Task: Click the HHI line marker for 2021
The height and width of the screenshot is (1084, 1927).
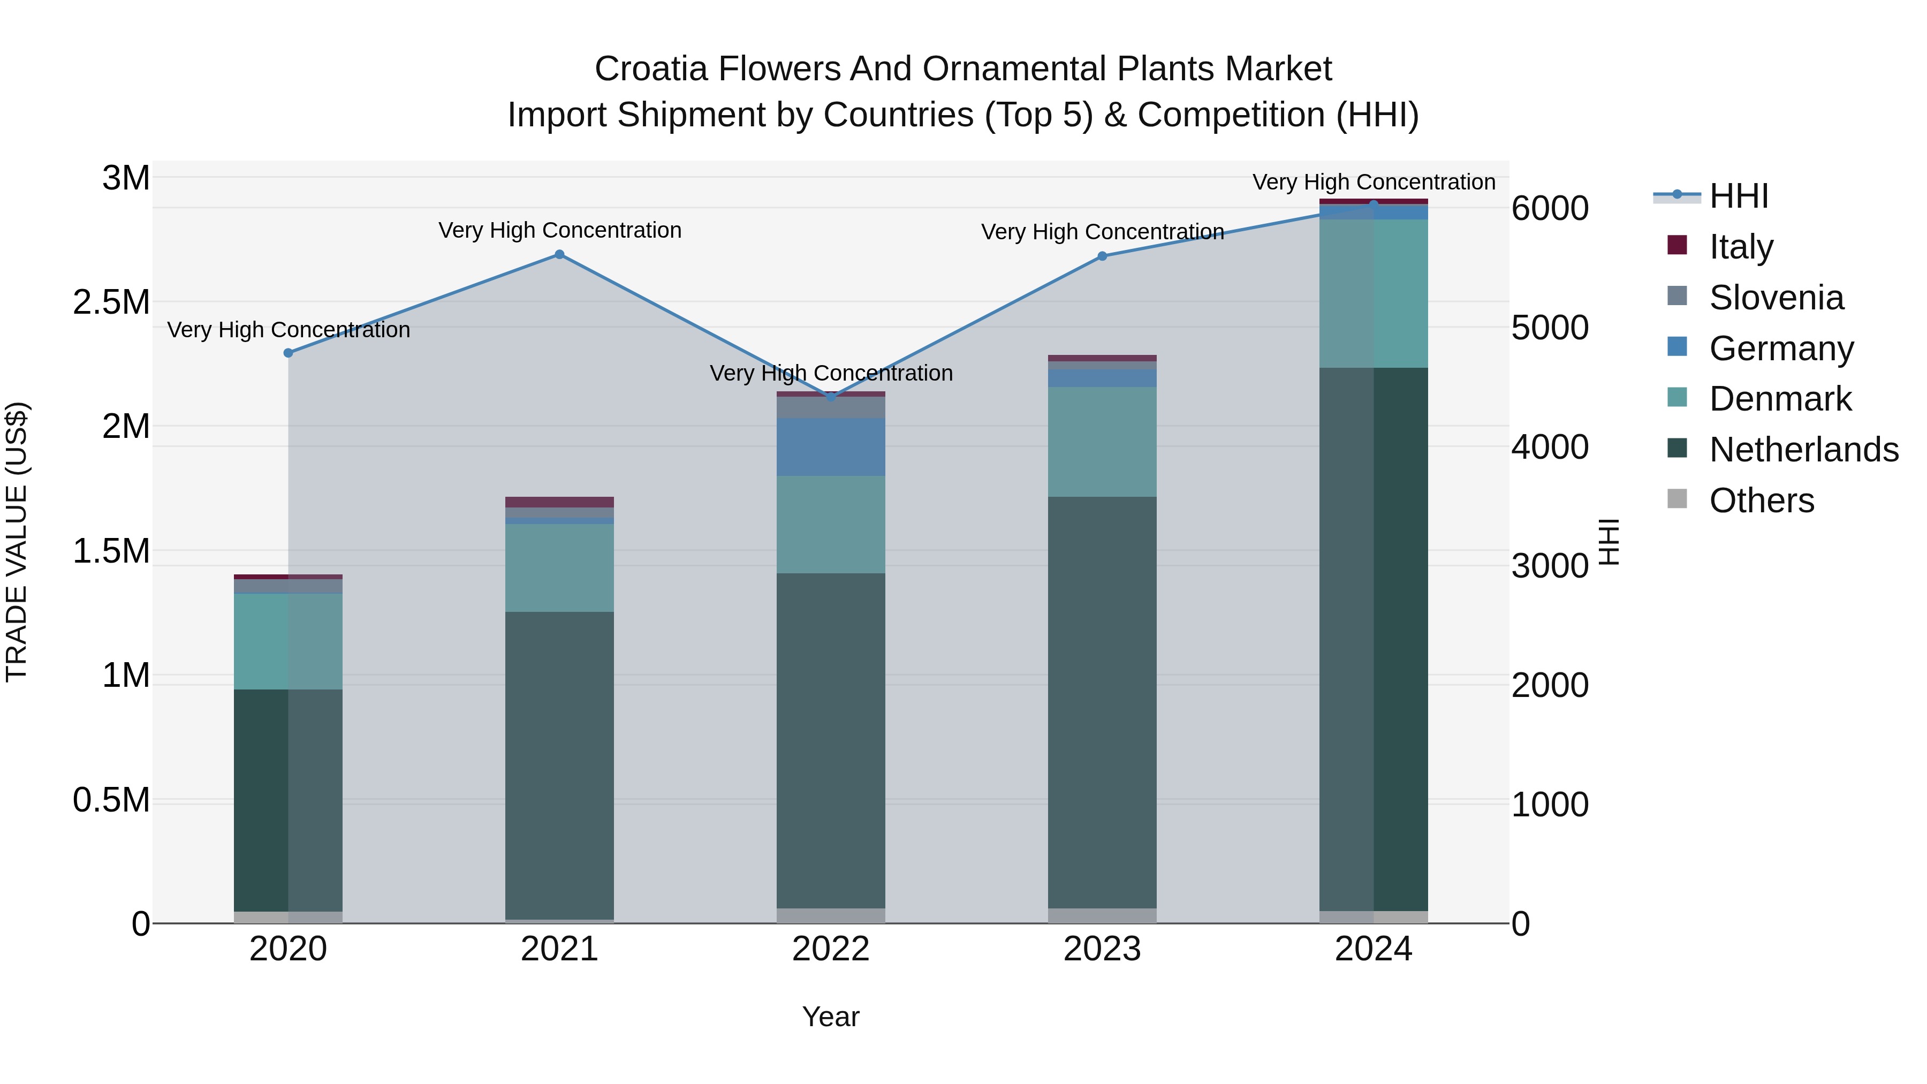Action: click(x=559, y=254)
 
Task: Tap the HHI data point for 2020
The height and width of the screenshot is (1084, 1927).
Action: click(x=288, y=352)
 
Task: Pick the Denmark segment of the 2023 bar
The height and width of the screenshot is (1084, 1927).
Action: click(x=1102, y=442)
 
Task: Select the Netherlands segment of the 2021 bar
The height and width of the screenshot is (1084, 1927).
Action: click(x=559, y=763)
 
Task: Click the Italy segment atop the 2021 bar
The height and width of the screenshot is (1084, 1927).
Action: click(x=559, y=502)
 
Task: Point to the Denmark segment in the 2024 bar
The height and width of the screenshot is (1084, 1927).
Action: click(x=1374, y=293)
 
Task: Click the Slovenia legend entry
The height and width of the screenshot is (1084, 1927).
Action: click(x=1776, y=298)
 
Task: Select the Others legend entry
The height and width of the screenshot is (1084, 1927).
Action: click(x=1761, y=501)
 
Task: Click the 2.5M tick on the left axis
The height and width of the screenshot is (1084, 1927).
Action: click(x=111, y=302)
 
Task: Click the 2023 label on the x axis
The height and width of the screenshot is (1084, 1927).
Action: click(x=1102, y=949)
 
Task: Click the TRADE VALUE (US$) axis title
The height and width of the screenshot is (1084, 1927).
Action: click(x=17, y=542)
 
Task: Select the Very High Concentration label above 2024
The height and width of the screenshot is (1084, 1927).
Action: click(x=1374, y=182)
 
